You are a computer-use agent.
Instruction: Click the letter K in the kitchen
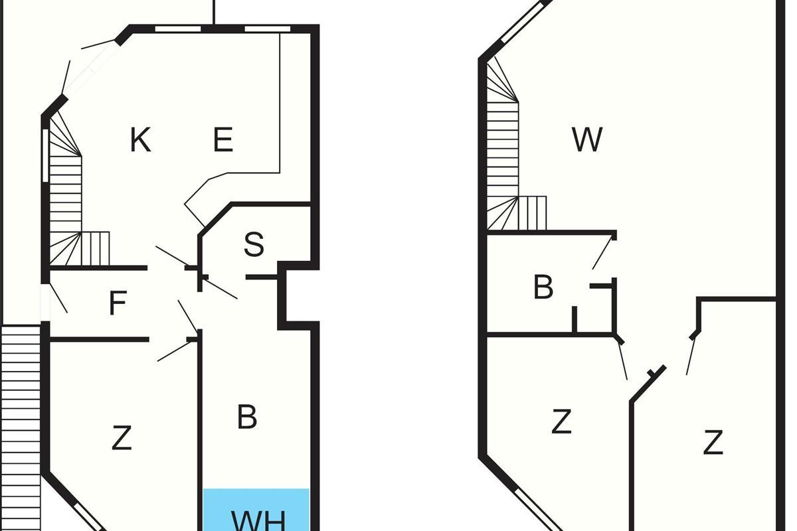pyautogui.click(x=139, y=141)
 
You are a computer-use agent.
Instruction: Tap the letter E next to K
pyautogui.click(x=223, y=141)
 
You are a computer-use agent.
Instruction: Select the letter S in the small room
pyautogui.click(x=254, y=245)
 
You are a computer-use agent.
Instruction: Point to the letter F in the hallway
pyautogui.click(x=118, y=304)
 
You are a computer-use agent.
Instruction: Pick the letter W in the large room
pyautogui.click(x=587, y=140)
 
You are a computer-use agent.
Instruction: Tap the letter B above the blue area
pyautogui.click(x=247, y=417)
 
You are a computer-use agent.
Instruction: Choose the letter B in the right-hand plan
pyautogui.click(x=543, y=288)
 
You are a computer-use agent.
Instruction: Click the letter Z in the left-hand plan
pyautogui.click(x=121, y=439)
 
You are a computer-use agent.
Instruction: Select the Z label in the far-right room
pyautogui.click(x=713, y=443)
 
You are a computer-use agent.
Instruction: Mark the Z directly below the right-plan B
pyautogui.click(x=562, y=421)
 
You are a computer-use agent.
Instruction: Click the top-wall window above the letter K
pyautogui.click(x=178, y=28)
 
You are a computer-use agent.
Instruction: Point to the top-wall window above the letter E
pyautogui.click(x=268, y=28)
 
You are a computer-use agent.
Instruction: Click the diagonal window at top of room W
pyautogui.click(x=525, y=23)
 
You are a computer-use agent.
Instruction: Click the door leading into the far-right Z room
pyautogui.click(x=691, y=352)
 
